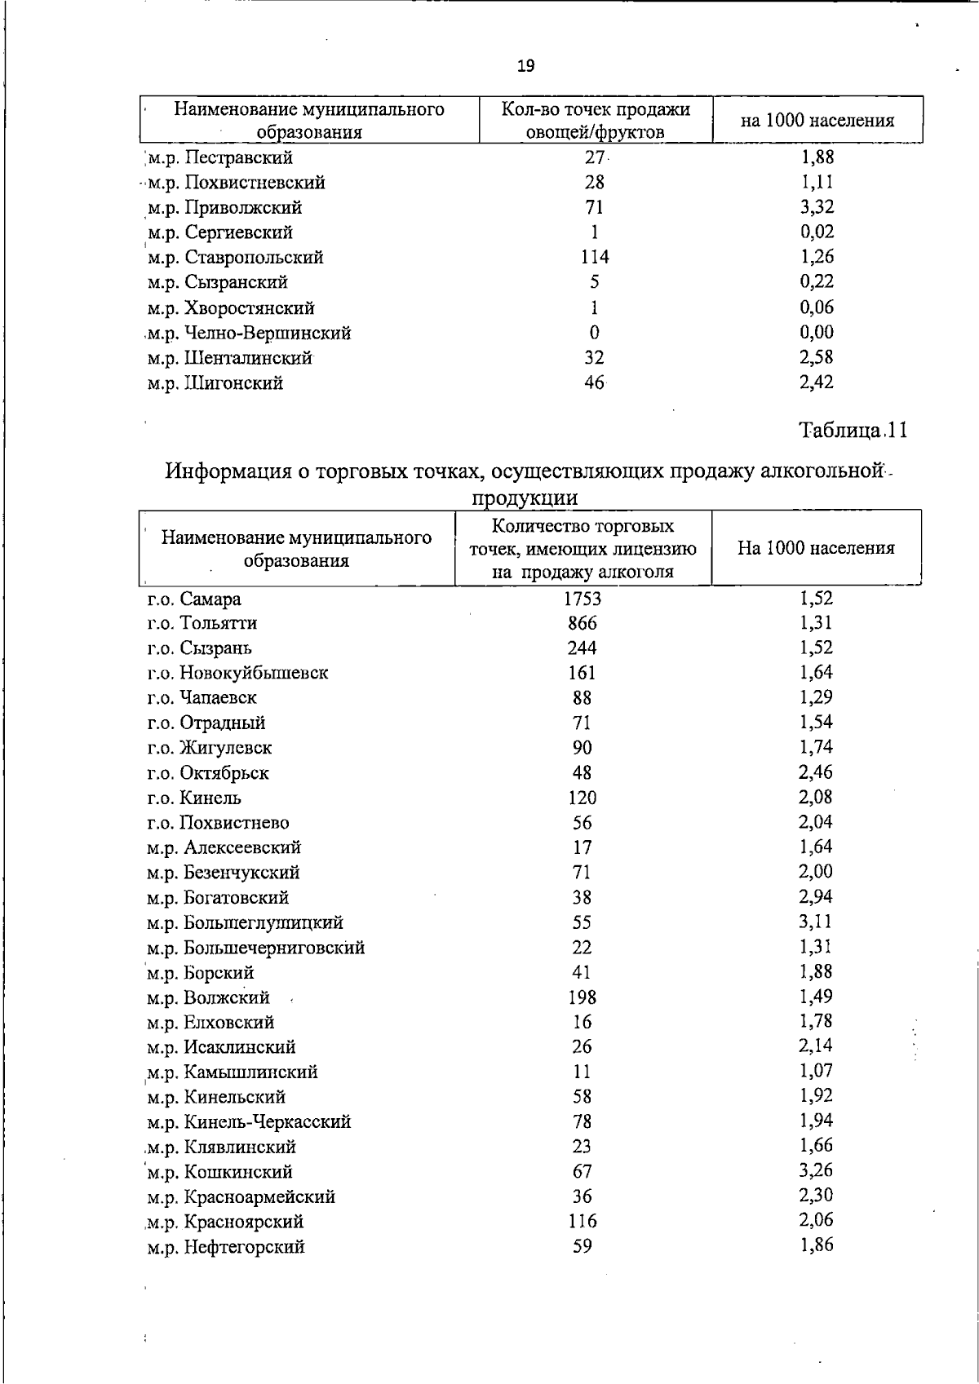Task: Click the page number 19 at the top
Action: click(526, 66)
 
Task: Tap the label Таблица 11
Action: click(853, 430)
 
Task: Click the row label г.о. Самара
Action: click(194, 599)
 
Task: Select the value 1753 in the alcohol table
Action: click(583, 599)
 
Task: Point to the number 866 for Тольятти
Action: click(583, 623)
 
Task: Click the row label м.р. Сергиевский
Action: click(220, 232)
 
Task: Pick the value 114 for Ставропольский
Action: click(595, 257)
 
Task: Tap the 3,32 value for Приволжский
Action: click(817, 207)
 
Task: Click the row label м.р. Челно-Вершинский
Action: click(250, 333)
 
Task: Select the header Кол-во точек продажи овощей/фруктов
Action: click(596, 120)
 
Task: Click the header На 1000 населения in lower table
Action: click(816, 548)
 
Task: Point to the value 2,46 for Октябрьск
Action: click(816, 772)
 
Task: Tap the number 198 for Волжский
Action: click(583, 997)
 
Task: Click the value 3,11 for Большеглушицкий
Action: click(816, 922)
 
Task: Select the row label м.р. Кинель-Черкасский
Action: click(250, 1122)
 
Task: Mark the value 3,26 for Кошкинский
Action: click(816, 1170)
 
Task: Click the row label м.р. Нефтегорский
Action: click(226, 1247)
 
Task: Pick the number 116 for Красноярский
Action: click(583, 1221)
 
